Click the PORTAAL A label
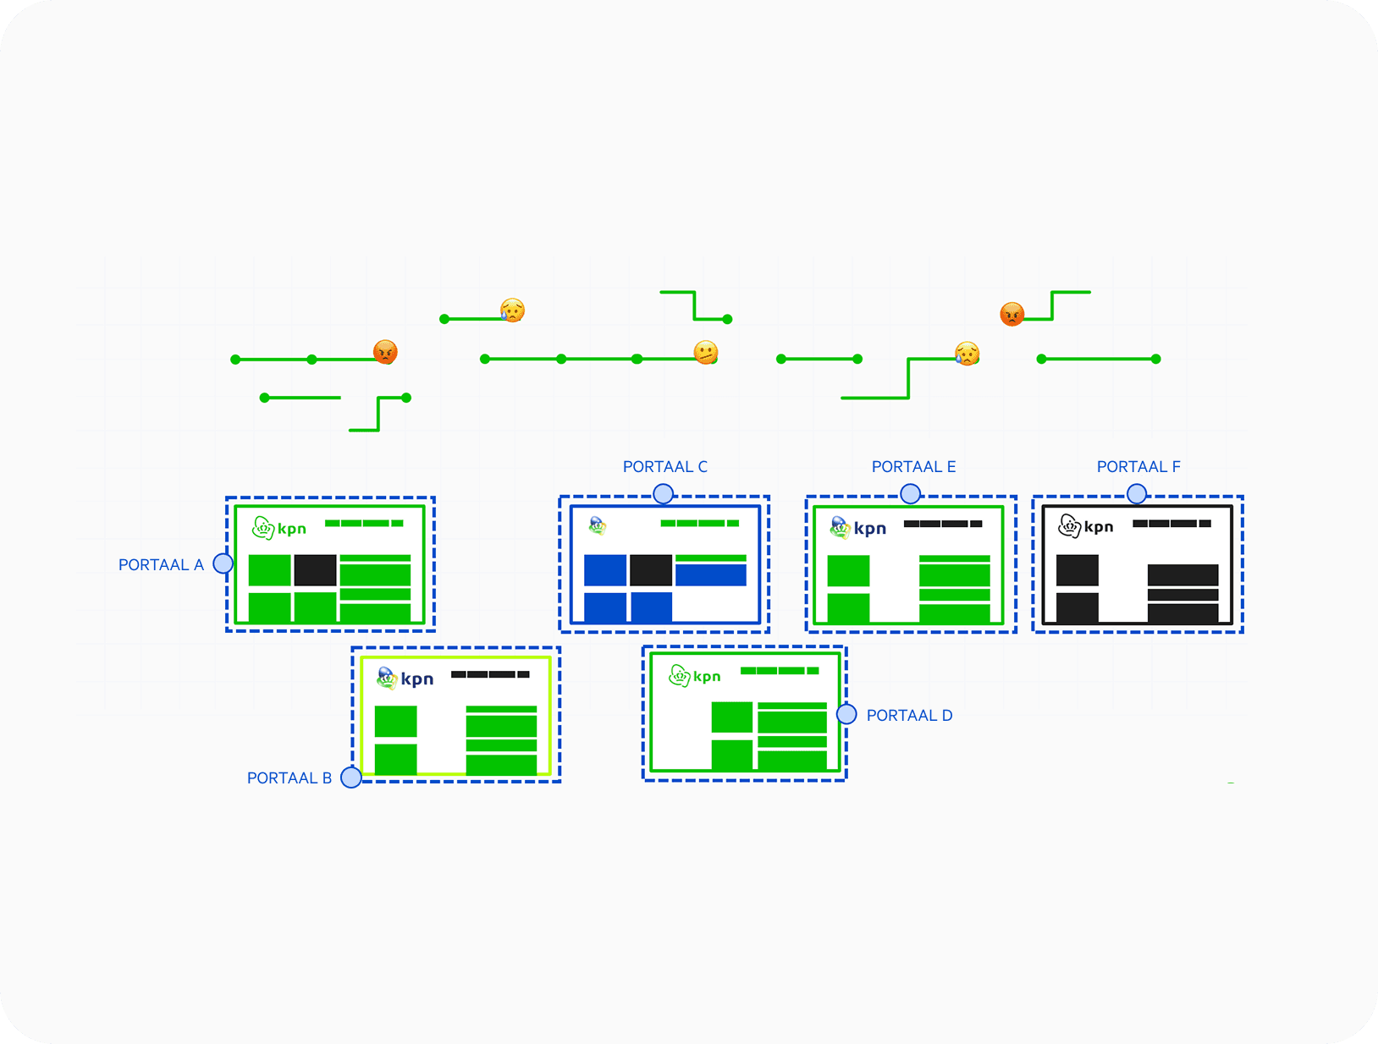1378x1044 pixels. (161, 565)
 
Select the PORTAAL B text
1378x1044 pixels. (289, 778)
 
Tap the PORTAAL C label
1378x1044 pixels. (665, 467)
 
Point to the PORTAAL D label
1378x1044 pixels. (909, 716)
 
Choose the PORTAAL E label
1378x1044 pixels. (914, 467)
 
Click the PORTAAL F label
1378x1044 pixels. (1138, 467)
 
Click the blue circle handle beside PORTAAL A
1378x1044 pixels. (223, 563)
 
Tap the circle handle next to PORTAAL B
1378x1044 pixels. (351, 778)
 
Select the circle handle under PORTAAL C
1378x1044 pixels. (664, 494)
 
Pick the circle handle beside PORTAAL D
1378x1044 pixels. (846, 715)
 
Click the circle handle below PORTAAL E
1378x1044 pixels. (911, 494)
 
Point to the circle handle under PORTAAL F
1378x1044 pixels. (1137, 494)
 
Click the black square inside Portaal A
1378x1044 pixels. (315, 571)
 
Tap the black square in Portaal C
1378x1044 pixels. (651, 571)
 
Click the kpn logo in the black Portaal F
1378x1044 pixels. (1086, 526)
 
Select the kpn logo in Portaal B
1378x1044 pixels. (405, 679)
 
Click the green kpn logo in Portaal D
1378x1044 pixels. (695, 676)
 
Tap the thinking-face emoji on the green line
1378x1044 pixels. (706, 353)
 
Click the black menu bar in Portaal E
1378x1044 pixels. (943, 525)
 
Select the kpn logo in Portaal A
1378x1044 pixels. (279, 529)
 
